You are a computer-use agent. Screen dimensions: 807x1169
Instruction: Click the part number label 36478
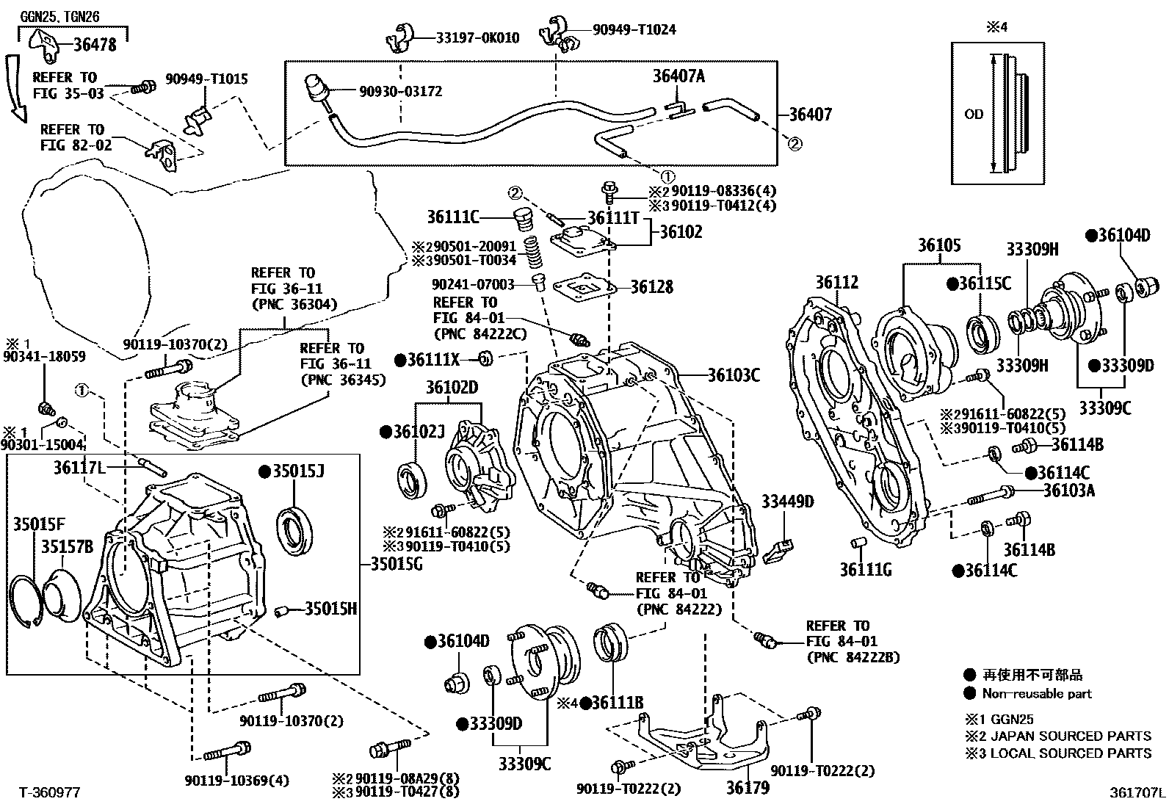95,45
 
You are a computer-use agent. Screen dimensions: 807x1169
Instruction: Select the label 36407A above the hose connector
678,76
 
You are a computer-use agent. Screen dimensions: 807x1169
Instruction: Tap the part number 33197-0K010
477,37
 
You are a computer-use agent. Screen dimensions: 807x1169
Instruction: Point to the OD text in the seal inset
974,115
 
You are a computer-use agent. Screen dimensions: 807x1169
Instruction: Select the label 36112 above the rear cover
836,282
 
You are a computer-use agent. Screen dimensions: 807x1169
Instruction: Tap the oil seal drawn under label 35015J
298,526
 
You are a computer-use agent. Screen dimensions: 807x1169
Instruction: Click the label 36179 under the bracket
748,788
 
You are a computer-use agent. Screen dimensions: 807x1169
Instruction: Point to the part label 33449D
787,502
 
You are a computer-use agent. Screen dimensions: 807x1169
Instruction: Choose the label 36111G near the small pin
866,569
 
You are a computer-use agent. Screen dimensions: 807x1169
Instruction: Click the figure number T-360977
49,792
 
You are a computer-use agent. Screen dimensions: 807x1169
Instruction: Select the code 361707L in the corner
1137,792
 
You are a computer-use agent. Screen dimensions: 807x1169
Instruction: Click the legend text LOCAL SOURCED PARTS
1071,753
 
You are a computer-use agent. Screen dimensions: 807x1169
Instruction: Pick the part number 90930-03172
400,92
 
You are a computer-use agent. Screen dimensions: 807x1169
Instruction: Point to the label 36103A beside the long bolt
1069,490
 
